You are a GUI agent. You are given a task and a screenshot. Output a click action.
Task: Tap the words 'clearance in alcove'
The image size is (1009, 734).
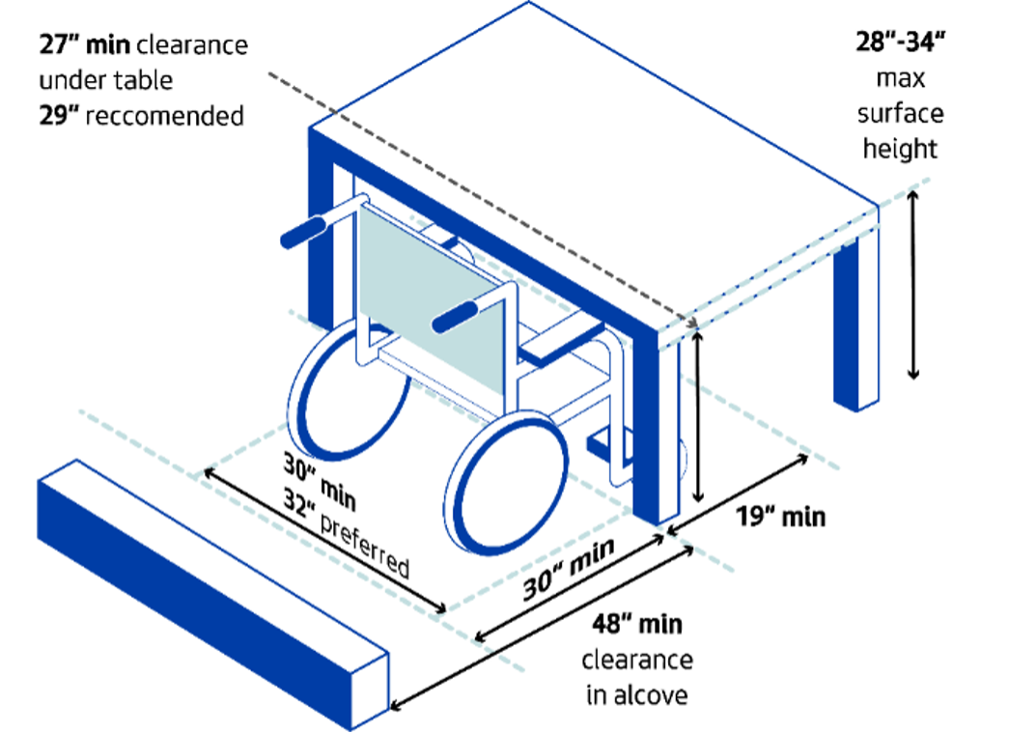point(637,677)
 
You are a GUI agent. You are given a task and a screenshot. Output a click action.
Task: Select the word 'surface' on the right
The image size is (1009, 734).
point(900,114)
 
